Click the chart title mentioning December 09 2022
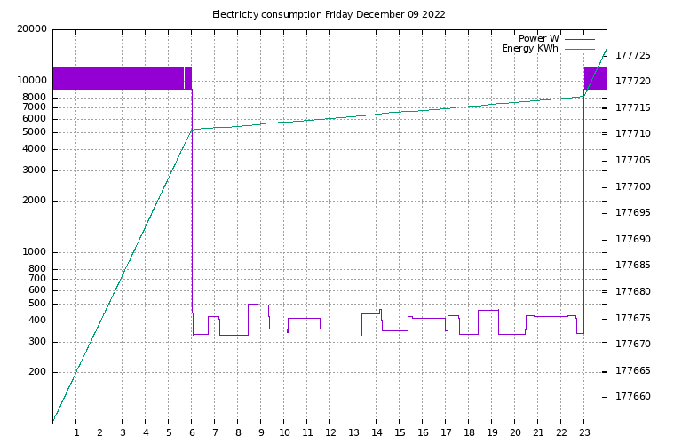click(x=329, y=14)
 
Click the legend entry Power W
click(x=538, y=38)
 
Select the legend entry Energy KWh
click(x=529, y=49)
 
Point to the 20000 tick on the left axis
click(x=33, y=29)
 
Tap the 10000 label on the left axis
click(x=33, y=81)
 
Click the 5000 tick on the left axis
click(x=36, y=133)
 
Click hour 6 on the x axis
click(x=192, y=432)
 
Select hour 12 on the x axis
click(x=330, y=432)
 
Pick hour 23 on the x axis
click(x=584, y=432)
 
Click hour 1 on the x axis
click(x=76, y=432)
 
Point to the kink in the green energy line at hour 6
click(x=192, y=130)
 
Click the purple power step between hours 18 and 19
click(x=488, y=310)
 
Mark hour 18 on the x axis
click(x=469, y=432)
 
